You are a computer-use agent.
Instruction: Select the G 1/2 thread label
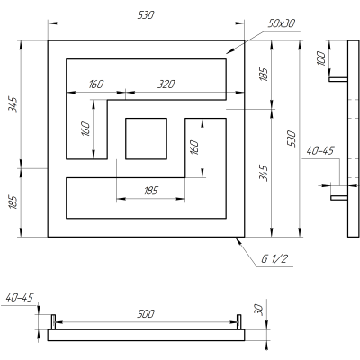(275, 259)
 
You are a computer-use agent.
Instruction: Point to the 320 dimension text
(166, 84)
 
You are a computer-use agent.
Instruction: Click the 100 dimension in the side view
(320, 59)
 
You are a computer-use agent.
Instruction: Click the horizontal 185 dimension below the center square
(151, 190)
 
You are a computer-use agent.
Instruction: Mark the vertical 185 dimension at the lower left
(13, 202)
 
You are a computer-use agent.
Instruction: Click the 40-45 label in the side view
(319, 151)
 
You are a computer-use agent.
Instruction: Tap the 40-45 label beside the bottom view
(18, 296)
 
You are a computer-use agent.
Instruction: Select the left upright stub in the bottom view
(53, 321)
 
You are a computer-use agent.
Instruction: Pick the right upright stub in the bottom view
(239, 321)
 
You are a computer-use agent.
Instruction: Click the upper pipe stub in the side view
(338, 79)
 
